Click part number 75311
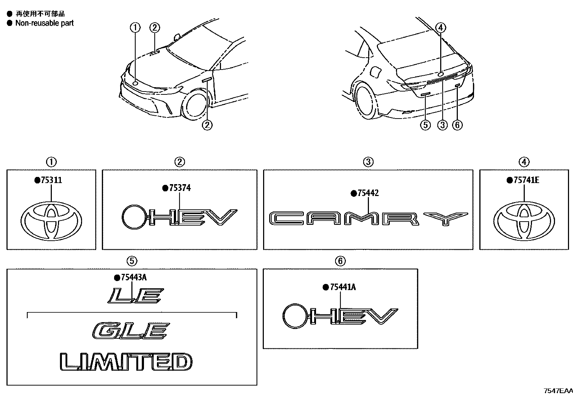(51, 180)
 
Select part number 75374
(179, 188)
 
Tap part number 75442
(367, 193)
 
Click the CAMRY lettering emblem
(368, 218)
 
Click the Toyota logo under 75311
(51, 221)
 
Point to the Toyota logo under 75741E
(524, 221)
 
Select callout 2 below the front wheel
(207, 125)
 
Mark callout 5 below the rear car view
(425, 125)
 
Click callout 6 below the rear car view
(457, 125)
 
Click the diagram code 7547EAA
(558, 391)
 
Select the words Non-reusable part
(44, 23)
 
